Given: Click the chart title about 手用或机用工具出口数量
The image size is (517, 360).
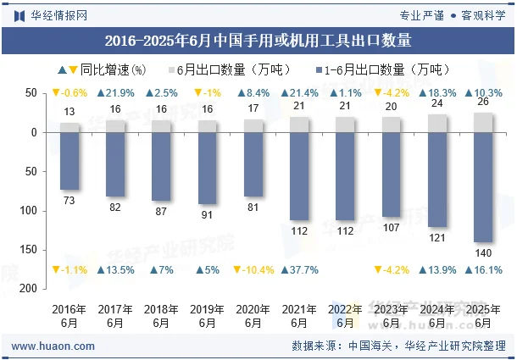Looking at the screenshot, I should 258,40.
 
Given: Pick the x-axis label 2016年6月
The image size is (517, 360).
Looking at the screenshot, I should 69,316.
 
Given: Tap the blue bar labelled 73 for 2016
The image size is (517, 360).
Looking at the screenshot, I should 69,161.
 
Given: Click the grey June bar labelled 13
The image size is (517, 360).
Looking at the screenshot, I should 69,128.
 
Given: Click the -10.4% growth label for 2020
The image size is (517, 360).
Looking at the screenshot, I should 253,270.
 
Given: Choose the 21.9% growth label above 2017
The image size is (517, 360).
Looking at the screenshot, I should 115,93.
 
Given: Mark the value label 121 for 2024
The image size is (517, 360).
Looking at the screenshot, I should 436,238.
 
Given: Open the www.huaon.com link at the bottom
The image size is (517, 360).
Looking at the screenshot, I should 53,346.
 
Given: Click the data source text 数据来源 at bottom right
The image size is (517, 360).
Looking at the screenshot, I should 398,346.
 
